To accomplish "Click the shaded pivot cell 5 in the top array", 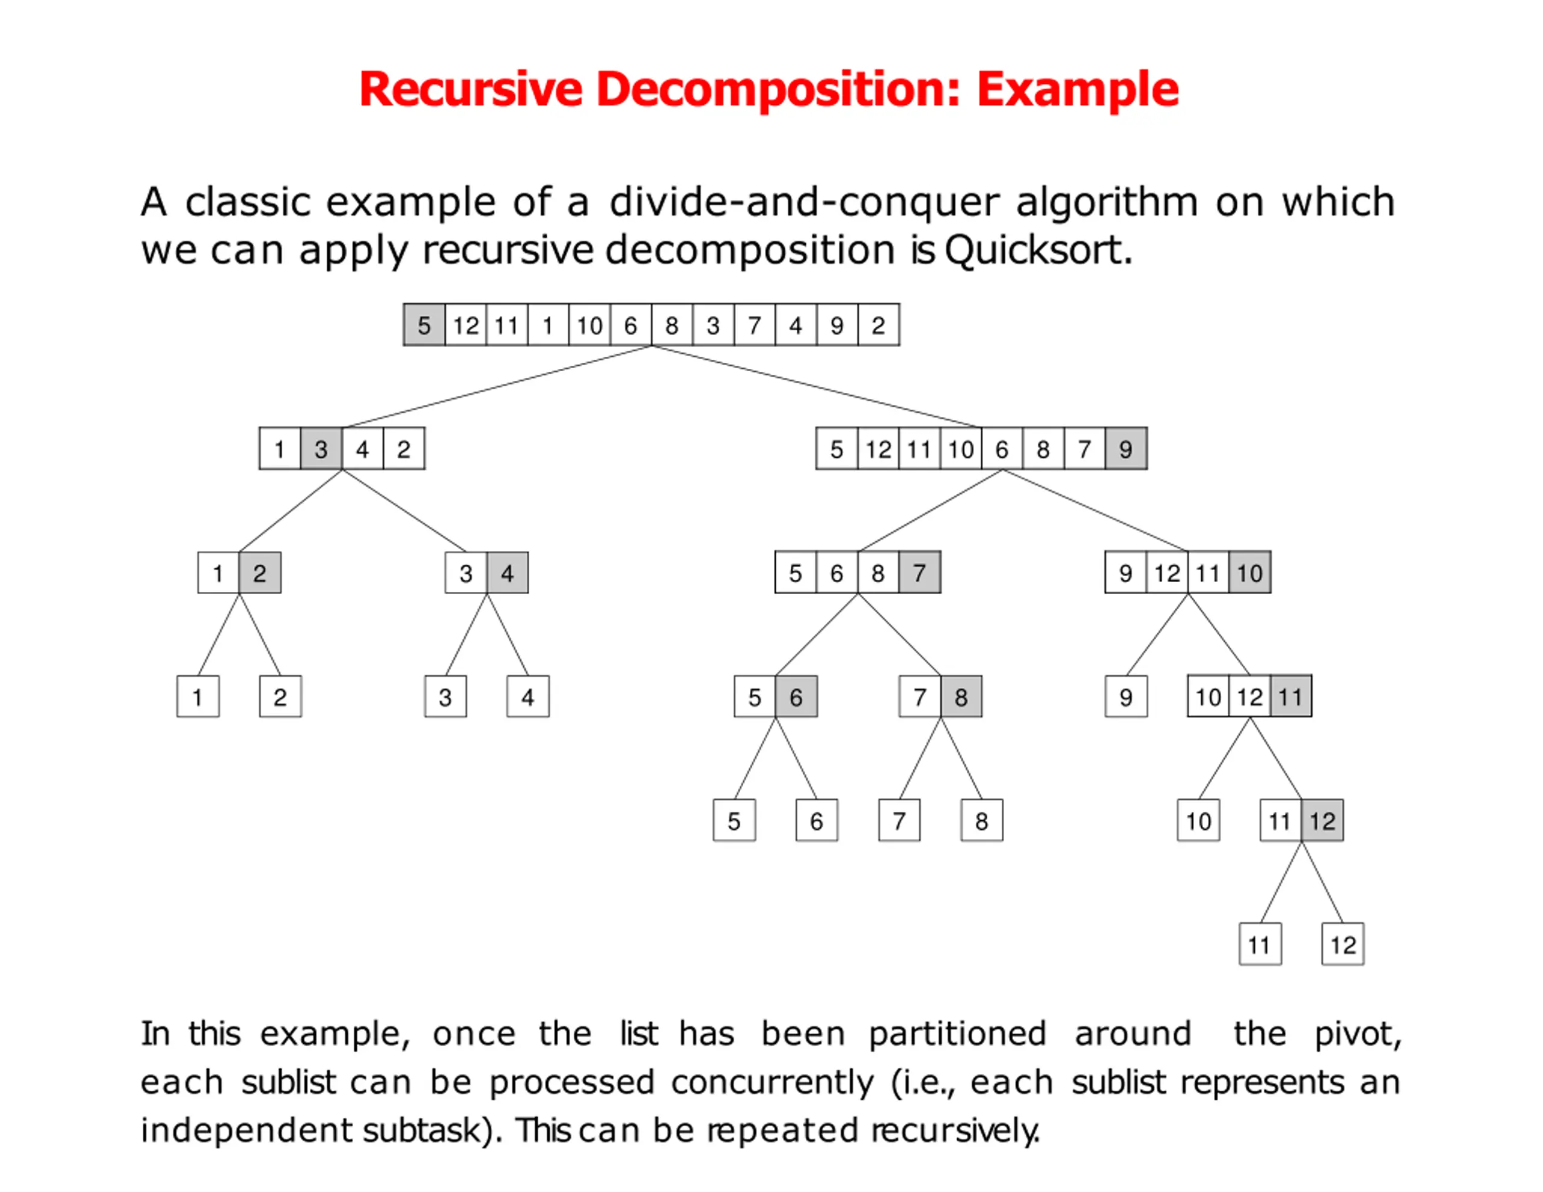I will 424,325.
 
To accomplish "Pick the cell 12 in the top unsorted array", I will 465,325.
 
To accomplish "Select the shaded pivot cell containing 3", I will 321,449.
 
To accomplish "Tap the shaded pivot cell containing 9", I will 1125,449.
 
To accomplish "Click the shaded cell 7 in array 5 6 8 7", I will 919,572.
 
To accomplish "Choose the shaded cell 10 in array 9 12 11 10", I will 1249,572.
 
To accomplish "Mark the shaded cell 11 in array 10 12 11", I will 1290,697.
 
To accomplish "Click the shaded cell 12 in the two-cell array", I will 1322,820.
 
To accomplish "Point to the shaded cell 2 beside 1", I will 259,572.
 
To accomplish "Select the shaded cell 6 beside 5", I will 796,697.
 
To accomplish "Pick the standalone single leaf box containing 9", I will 1125,697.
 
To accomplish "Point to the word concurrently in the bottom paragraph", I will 771,1082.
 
